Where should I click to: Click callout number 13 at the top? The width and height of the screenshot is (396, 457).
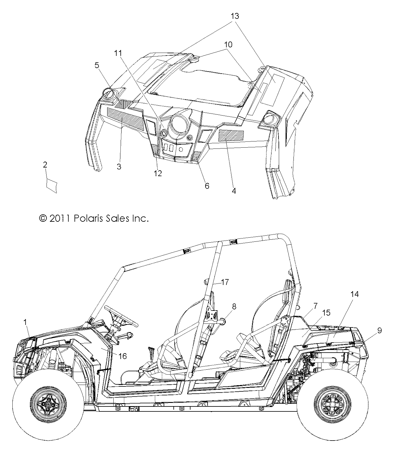pos(235,16)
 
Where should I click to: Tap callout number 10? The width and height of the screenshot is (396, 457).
pos(228,44)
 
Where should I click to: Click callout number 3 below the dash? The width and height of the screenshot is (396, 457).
pos(119,166)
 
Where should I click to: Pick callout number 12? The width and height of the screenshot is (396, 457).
pos(158,174)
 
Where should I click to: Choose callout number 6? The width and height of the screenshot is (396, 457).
pos(207,186)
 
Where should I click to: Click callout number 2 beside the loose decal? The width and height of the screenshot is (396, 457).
pos(45,165)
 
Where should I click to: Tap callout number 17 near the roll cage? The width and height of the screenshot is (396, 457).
pos(225,282)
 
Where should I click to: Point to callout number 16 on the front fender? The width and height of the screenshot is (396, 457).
pos(122,356)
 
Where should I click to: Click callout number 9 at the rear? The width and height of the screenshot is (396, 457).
pos(380,331)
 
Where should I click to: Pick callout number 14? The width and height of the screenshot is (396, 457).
pos(355,294)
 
